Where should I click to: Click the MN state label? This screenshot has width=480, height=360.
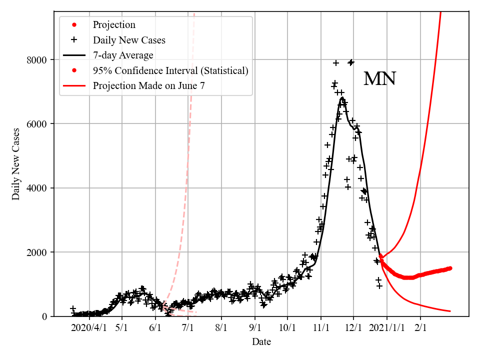click(x=379, y=79)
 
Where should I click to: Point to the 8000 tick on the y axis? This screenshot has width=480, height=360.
click(x=37, y=60)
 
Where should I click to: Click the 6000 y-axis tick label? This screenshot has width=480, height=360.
click(x=37, y=124)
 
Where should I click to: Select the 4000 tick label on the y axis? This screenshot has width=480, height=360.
click(x=37, y=188)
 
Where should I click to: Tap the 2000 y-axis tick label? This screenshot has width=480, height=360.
click(x=37, y=252)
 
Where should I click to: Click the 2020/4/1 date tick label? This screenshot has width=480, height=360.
click(x=89, y=327)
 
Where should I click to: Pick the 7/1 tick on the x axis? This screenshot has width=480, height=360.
click(x=188, y=327)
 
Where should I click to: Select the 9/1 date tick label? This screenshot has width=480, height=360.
click(x=255, y=327)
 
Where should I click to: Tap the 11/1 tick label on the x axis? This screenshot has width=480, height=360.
click(x=321, y=327)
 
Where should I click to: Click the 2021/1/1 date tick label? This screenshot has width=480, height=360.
click(x=386, y=327)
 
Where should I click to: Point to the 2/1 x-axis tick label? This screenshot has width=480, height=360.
click(x=420, y=327)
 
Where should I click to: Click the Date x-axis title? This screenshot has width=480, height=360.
click(x=261, y=342)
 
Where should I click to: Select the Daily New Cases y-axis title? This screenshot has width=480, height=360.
click(x=16, y=164)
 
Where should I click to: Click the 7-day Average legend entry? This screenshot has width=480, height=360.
click(x=123, y=55)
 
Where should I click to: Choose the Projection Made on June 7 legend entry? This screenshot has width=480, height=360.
click(x=148, y=86)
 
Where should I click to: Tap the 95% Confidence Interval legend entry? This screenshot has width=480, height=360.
click(x=170, y=70)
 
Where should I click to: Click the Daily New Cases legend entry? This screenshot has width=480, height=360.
click(x=129, y=40)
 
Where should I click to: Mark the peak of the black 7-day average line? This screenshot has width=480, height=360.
click(x=342, y=97)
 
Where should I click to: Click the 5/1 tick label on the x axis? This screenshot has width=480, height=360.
click(x=122, y=327)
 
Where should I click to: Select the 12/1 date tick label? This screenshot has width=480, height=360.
click(x=353, y=327)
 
